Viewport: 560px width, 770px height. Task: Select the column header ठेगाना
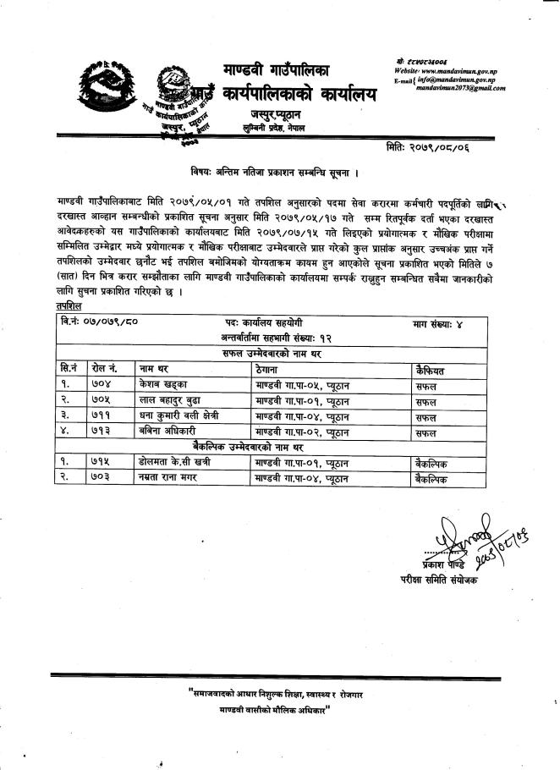(271, 369)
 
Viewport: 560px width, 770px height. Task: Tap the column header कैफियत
(432, 369)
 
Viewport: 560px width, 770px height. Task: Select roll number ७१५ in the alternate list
(101, 463)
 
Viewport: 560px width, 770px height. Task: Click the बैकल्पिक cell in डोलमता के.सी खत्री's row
(432, 463)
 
